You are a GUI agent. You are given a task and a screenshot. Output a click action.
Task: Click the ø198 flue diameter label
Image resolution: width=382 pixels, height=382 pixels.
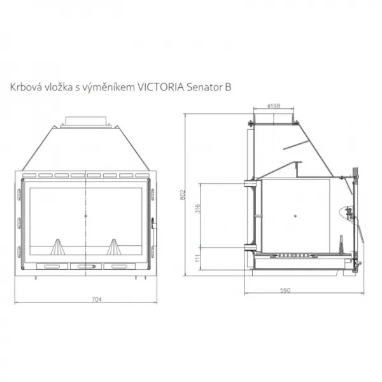274,106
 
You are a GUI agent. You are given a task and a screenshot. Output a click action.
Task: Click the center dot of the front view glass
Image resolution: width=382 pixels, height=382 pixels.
85,216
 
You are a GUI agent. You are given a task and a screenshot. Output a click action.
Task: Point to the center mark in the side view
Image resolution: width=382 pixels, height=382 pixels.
296,217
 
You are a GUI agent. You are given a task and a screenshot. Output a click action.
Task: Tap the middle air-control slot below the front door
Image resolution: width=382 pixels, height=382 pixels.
85,266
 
